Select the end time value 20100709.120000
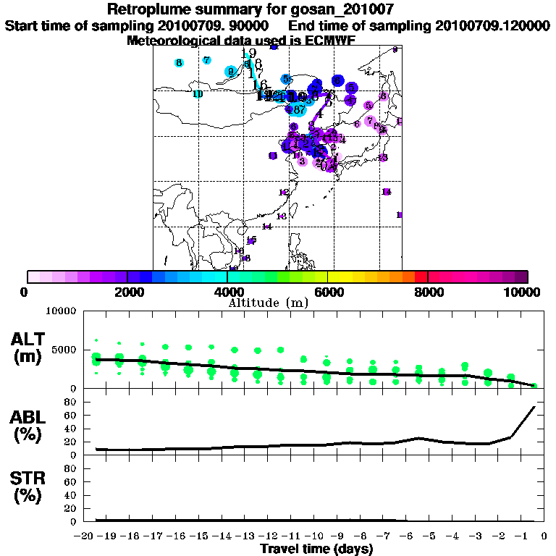[492, 25]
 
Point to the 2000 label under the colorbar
[127, 292]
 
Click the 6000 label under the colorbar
[327, 292]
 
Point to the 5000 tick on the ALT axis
[66, 350]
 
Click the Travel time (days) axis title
[316, 549]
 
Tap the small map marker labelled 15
[251, 240]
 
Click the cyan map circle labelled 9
[231, 72]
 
